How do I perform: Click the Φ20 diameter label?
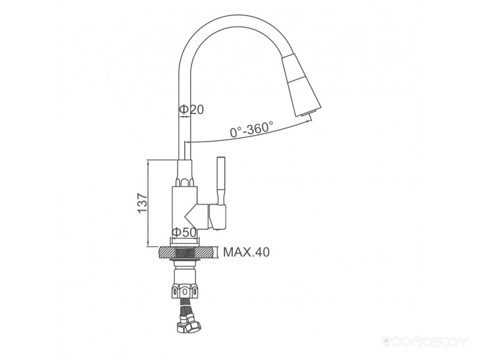point(191,109)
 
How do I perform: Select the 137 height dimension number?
point(143,203)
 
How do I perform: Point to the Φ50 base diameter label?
point(184,233)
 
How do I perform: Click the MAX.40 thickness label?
point(247,252)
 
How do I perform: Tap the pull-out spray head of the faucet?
point(301,86)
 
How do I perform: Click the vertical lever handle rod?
point(221,181)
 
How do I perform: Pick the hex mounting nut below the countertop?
point(185,291)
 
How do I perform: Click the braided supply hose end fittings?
point(189,325)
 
